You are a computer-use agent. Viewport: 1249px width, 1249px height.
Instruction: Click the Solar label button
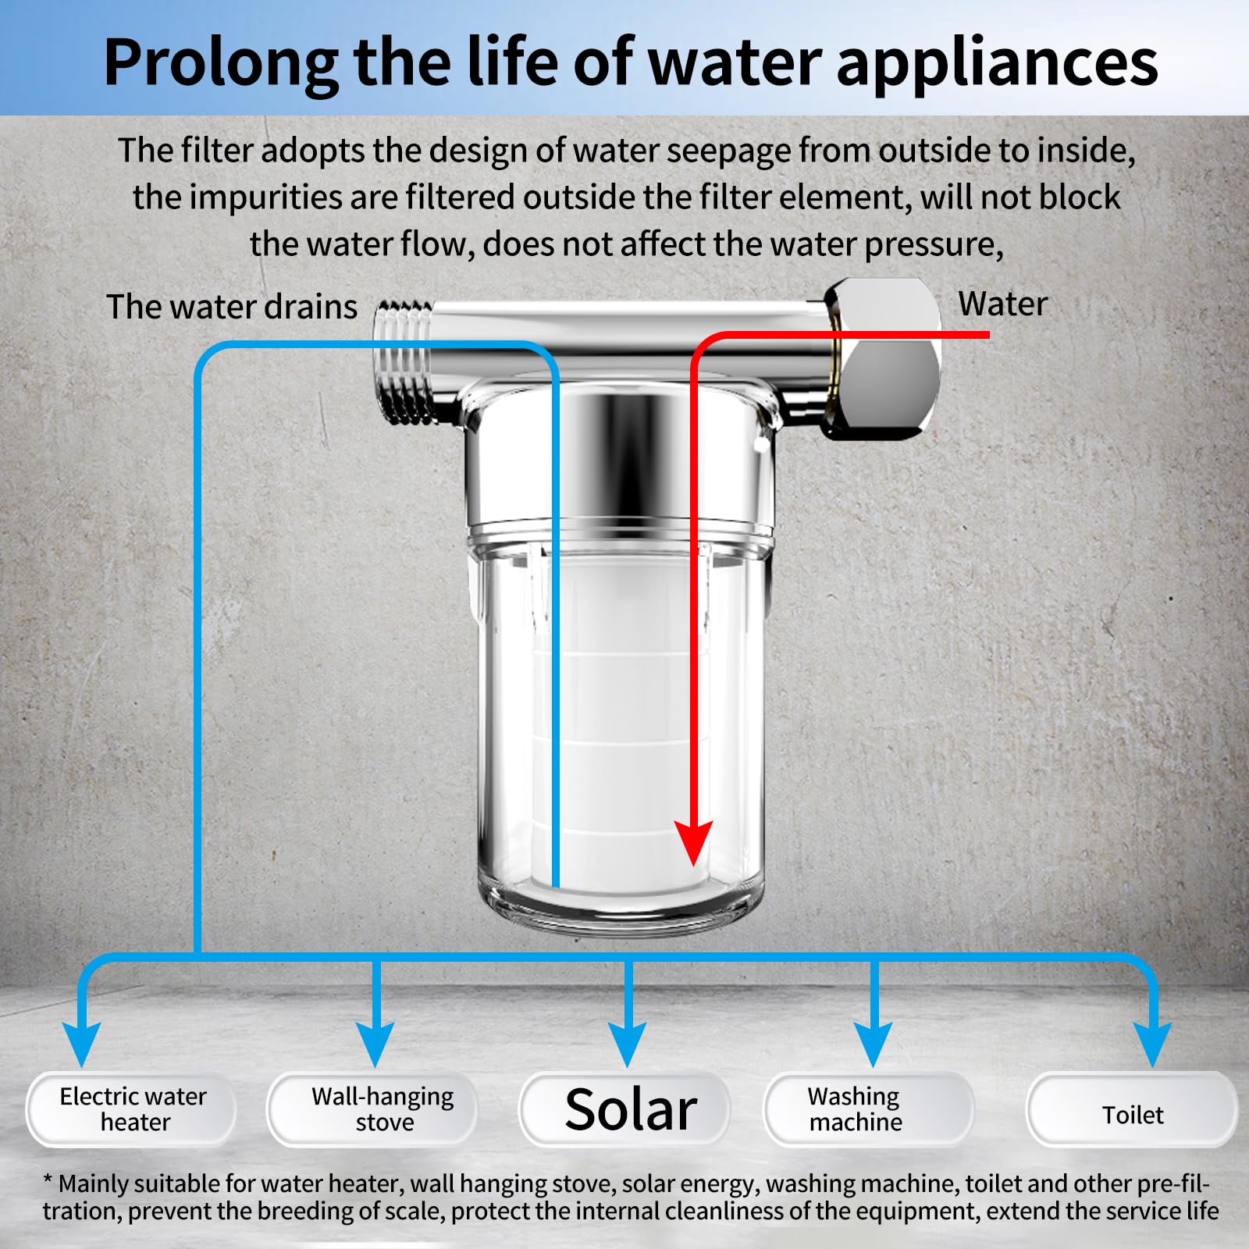coord(625,1109)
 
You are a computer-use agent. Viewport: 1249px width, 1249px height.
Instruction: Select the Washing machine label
coord(868,1109)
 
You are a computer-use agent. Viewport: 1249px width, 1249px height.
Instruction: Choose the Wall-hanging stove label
coord(372,1109)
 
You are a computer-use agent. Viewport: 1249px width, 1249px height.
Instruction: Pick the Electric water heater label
coord(131,1109)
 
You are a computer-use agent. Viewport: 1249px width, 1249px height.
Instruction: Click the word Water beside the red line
coord(1002,304)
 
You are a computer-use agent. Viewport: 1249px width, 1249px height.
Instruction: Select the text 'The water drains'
coord(232,307)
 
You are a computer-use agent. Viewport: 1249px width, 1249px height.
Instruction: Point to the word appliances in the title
coord(997,62)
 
